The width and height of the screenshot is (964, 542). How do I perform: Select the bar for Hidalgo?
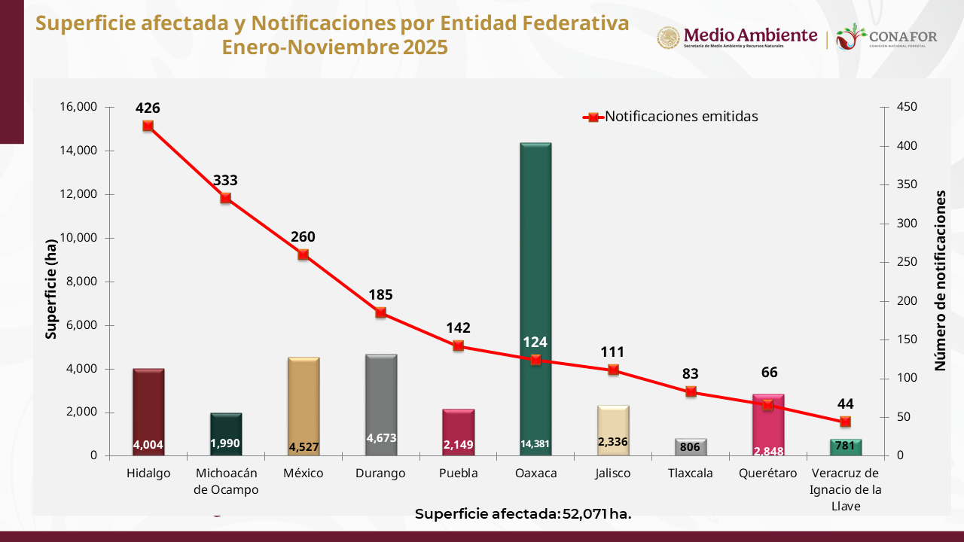(x=148, y=406)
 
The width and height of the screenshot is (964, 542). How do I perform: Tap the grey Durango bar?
(x=381, y=399)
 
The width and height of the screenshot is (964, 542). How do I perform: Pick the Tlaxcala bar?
(x=691, y=447)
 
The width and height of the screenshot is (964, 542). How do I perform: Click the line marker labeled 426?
(x=148, y=126)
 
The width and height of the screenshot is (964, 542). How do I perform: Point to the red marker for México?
(x=304, y=254)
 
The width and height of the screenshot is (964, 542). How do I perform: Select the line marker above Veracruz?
(x=845, y=422)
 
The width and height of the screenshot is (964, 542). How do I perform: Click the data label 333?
(x=225, y=181)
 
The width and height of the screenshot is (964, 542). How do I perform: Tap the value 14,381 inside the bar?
(x=535, y=444)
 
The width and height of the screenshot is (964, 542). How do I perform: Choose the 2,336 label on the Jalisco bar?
(x=613, y=442)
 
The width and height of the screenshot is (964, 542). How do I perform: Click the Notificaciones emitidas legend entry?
(x=670, y=117)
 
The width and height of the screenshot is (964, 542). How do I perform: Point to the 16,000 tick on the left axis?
(x=78, y=107)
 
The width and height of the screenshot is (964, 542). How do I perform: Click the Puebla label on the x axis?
(x=459, y=473)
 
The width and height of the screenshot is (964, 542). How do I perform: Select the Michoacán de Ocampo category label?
(x=226, y=481)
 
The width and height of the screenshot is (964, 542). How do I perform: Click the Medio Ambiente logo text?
(x=749, y=35)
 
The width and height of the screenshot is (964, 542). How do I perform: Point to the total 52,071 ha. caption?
(x=523, y=514)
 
